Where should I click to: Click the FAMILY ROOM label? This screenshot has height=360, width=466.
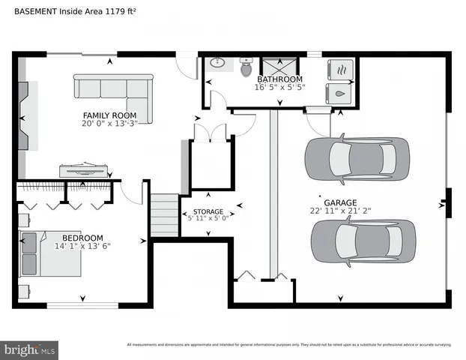click(x=109, y=115)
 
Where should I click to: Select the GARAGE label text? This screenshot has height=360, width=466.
click(x=339, y=202)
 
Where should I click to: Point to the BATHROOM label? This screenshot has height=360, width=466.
click(x=279, y=79)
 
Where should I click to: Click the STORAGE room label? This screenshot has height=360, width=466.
click(x=208, y=212)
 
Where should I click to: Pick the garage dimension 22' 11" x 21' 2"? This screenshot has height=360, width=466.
click(x=339, y=211)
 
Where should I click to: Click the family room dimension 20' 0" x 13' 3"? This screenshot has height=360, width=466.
click(x=109, y=124)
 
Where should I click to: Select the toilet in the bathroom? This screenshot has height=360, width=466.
click(x=245, y=67)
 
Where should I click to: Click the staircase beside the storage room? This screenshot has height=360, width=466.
click(x=165, y=214)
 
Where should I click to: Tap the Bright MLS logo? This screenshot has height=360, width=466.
click(x=30, y=349)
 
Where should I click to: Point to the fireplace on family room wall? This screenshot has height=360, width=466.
click(x=25, y=116)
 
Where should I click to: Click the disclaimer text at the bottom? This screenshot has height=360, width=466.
click(x=289, y=345)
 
